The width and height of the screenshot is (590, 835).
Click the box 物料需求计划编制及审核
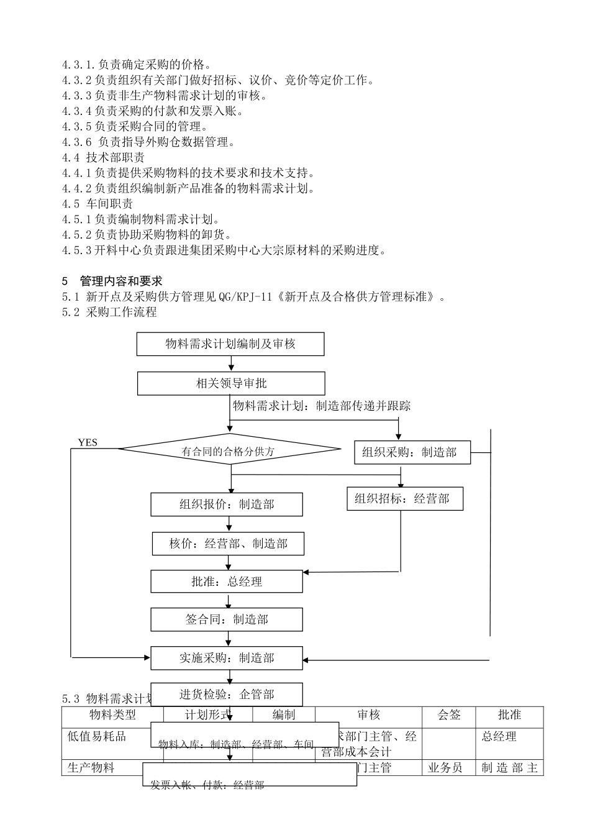click(x=230, y=344)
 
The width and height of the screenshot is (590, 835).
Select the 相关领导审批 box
click(x=230, y=383)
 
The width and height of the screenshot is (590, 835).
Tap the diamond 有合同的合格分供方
click(x=229, y=450)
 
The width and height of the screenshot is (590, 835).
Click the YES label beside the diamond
click(x=88, y=442)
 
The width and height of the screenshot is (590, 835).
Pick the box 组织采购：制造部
click(x=412, y=452)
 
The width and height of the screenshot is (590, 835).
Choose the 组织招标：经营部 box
click(x=404, y=498)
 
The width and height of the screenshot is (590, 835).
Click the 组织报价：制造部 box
click(x=226, y=504)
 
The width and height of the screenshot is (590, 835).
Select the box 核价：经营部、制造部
click(x=228, y=544)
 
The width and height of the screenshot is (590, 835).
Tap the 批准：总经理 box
click(x=226, y=582)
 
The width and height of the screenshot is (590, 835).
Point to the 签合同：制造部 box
click(x=226, y=619)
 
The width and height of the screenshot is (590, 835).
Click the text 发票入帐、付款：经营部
click(x=207, y=785)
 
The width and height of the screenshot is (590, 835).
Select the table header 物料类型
click(x=112, y=715)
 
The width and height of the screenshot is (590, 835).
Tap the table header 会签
click(x=448, y=715)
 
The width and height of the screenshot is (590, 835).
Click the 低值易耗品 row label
click(x=97, y=736)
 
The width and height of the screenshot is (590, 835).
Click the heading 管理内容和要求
click(x=121, y=281)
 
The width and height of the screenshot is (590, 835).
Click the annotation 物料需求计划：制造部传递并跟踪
click(x=321, y=406)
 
